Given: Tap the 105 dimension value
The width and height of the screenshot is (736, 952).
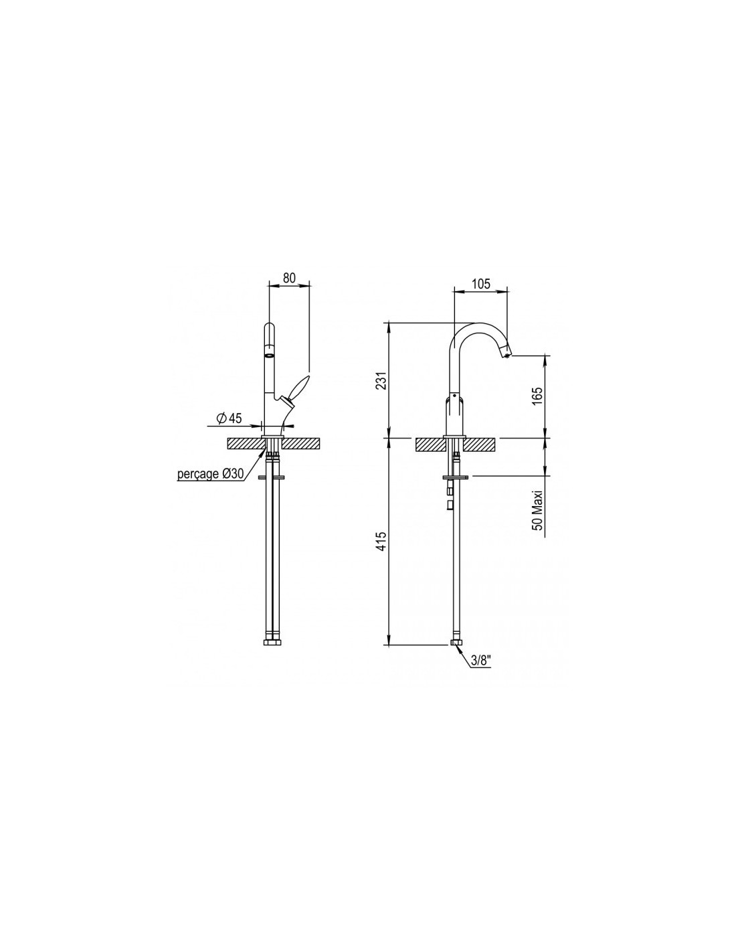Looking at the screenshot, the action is pos(481,283).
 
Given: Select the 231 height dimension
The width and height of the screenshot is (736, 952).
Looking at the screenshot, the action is pos(381,380).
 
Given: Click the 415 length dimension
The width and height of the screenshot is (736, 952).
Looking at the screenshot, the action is pos(381,541).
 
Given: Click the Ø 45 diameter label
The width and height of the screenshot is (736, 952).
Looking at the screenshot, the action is pos(229,418).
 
